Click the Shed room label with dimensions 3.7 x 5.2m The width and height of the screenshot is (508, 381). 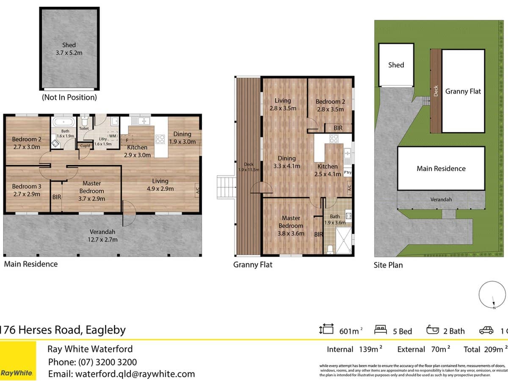[x=69, y=49]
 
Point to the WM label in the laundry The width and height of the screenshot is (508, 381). [x=112, y=136]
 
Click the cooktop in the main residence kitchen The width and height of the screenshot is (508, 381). [x=160, y=139]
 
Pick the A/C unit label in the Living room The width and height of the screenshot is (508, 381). [x=197, y=190]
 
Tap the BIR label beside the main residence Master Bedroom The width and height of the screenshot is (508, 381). [x=57, y=197]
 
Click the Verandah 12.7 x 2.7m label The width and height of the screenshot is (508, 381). [x=102, y=235]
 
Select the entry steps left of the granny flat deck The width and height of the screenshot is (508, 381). [x=226, y=187]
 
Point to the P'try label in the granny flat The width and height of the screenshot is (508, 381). [x=348, y=173]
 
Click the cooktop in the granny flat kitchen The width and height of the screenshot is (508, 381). [x=334, y=139]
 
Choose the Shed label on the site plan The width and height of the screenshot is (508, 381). [x=396, y=65]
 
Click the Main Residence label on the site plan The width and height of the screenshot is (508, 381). [x=441, y=168]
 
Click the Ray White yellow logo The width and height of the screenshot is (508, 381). [x=18, y=360]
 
